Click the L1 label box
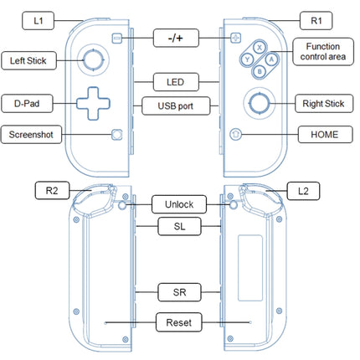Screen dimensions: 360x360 [38, 21]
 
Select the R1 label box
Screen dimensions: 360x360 [316, 21]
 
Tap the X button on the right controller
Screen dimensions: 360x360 [260, 48]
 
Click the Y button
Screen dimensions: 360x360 [247, 59]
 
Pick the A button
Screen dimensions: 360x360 [271, 59]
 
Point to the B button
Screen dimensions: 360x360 [260, 71]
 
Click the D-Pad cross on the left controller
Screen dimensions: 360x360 [93, 104]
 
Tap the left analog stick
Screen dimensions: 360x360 [93, 59]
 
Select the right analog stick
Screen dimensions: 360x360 [260, 103]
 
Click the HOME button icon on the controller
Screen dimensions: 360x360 [235, 135]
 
